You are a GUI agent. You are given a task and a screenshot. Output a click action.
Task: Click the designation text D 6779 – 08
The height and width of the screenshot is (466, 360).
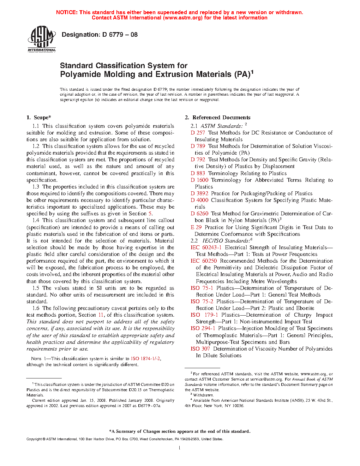coord(100,35)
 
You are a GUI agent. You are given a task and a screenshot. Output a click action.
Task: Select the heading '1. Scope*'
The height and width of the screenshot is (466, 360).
coord(38,118)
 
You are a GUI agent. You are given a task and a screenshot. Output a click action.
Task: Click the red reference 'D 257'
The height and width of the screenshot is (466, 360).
coord(198,133)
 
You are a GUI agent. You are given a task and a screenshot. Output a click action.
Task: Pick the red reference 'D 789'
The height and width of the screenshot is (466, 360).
coord(198,146)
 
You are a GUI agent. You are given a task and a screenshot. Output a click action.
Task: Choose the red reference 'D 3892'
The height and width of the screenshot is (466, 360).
coord(199,193)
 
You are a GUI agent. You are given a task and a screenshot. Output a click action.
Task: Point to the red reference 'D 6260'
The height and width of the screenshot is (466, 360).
coord(199,214)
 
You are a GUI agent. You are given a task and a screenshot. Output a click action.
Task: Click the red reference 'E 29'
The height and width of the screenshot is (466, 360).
coord(196,227)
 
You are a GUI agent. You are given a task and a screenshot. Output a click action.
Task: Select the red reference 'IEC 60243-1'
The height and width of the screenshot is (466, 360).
coord(206,247)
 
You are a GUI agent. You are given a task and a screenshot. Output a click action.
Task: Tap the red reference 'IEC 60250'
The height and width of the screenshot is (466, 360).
coord(204,261)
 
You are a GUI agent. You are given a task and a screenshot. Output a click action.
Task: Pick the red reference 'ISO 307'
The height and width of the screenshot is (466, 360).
coord(200,349)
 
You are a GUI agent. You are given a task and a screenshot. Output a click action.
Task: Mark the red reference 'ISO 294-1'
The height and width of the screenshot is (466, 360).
coord(203,328)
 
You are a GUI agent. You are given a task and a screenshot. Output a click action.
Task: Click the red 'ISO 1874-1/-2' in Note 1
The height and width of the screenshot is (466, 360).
coord(145,359)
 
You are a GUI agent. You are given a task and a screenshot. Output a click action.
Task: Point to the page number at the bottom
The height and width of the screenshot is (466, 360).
coord(180,448)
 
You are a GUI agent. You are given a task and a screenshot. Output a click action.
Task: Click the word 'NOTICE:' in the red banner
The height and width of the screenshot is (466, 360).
coord(67,12)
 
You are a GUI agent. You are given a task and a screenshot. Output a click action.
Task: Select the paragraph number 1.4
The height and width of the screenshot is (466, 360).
coord(36,220)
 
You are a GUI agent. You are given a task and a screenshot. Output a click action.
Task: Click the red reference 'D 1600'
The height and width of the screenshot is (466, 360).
coord(199,180)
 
